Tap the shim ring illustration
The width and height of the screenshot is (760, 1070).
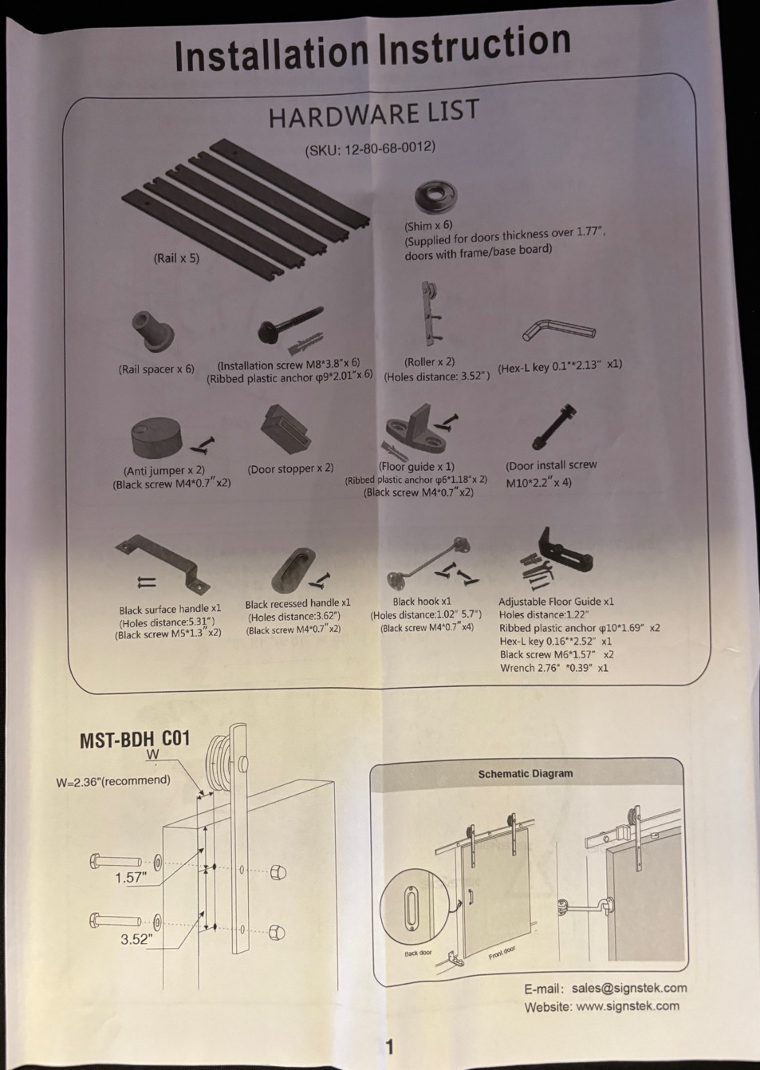[436, 197]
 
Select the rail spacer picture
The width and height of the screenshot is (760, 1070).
[152, 331]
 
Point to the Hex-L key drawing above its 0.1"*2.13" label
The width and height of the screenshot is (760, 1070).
[559, 330]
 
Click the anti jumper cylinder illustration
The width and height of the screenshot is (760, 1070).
[156, 438]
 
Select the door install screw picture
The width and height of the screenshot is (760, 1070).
[554, 427]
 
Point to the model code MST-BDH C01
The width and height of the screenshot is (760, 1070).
[135, 740]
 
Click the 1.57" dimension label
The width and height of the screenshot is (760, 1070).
[131, 878]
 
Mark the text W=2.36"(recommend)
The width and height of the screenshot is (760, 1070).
[113, 781]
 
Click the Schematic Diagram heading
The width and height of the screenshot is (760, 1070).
[525, 773]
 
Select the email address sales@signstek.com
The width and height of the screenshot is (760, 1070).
[629, 988]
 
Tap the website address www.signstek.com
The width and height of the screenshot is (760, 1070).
[628, 1005]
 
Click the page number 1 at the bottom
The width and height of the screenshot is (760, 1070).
[390, 1048]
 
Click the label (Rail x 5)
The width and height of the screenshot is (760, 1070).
[176, 259]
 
